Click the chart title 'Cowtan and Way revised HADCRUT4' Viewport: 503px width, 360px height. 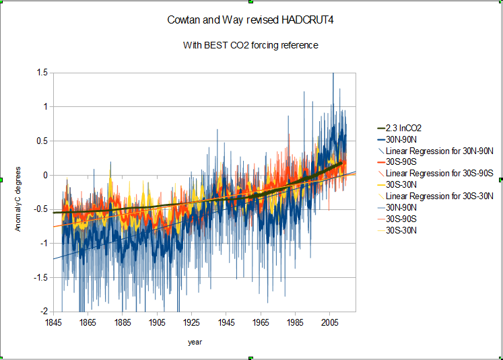(x=251, y=20)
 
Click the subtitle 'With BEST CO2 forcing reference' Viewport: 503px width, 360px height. (x=250, y=46)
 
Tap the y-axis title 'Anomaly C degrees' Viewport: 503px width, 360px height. (x=19, y=192)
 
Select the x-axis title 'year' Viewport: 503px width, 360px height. (x=195, y=342)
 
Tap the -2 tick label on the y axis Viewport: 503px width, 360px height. (x=44, y=312)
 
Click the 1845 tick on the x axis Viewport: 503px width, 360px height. (x=53, y=322)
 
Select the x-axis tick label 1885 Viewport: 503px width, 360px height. (x=122, y=322)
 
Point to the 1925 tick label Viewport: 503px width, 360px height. (x=191, y=322)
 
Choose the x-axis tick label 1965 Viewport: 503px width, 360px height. (x=260, y=322)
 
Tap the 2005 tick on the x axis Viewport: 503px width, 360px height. (x=329, y=322)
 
